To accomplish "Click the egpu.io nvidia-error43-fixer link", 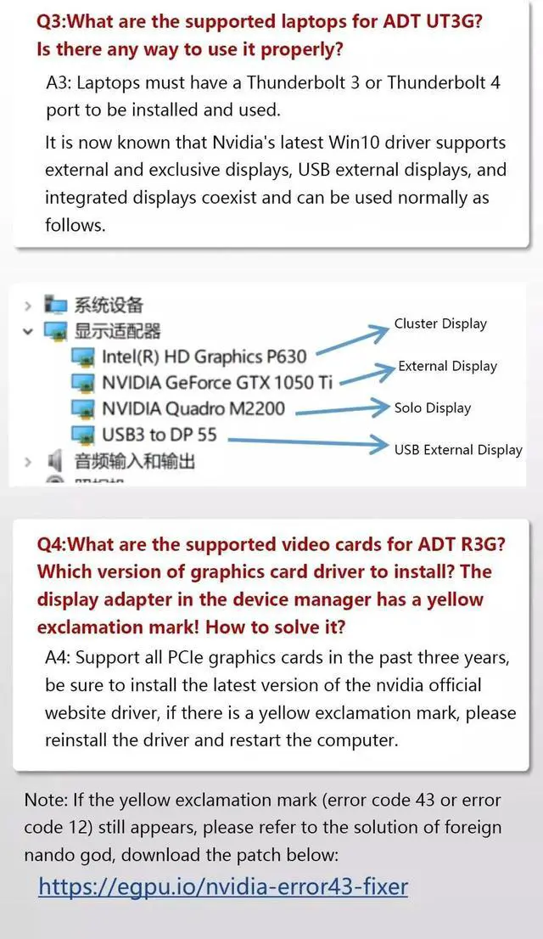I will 223,887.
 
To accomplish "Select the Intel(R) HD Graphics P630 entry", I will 204,357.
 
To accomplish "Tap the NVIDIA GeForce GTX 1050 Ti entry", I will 217,383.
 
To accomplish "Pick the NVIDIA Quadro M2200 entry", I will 193,409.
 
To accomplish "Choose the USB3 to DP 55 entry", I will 160,436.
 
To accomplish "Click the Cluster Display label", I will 440,323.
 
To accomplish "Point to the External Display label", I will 447,366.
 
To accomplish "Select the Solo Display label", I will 432,408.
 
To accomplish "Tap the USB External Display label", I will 458,449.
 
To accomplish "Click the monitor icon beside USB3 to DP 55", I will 83,436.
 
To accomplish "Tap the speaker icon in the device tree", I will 56,462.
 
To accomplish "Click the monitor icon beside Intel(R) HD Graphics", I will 83,357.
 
